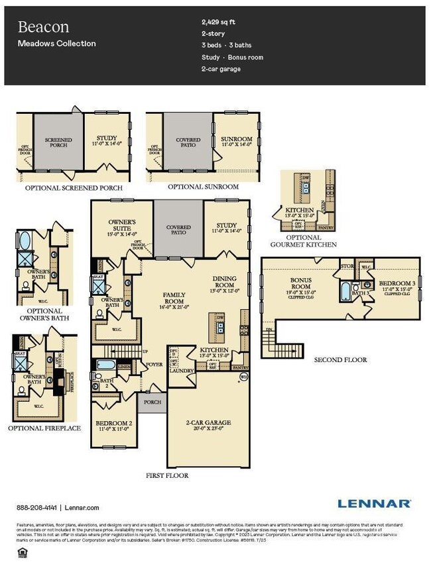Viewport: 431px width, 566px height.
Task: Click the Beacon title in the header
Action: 43,27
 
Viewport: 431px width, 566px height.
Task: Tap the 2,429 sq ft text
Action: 218,22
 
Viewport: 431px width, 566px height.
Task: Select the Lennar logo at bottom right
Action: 374,504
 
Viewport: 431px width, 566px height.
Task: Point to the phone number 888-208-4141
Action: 37,508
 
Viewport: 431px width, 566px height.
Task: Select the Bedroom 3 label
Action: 396,286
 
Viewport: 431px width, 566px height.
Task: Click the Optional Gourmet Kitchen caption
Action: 304,241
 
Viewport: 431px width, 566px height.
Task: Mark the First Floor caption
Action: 167,475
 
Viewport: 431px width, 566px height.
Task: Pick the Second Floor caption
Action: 340,360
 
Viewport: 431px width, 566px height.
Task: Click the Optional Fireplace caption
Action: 44,428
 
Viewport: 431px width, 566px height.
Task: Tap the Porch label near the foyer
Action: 153,402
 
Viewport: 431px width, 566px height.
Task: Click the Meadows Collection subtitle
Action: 56,44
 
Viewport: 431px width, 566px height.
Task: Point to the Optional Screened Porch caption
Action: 74,187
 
